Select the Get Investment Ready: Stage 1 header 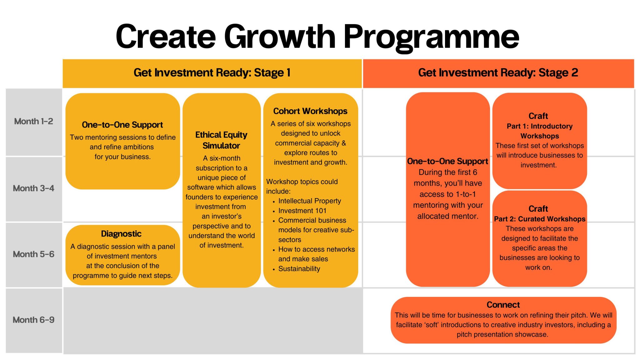point(212,73)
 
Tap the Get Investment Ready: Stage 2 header point(498,73)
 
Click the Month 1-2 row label point(33,121)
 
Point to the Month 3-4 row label point(33,188)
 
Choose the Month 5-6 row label point(33,254)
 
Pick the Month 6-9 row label point(33,320)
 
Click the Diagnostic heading point(121,234)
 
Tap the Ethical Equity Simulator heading point(221,140)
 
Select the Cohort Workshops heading point(310,111)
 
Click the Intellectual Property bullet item point(309,201)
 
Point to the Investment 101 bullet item point(302,211)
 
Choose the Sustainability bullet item point(299,269)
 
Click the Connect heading point(503,305)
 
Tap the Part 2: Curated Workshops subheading point(539,219)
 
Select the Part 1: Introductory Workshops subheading point(539,131)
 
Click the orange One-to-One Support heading point(447,161)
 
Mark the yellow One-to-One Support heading point(122,125)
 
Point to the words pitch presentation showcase point(502,334)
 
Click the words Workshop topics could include point(302,186)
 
